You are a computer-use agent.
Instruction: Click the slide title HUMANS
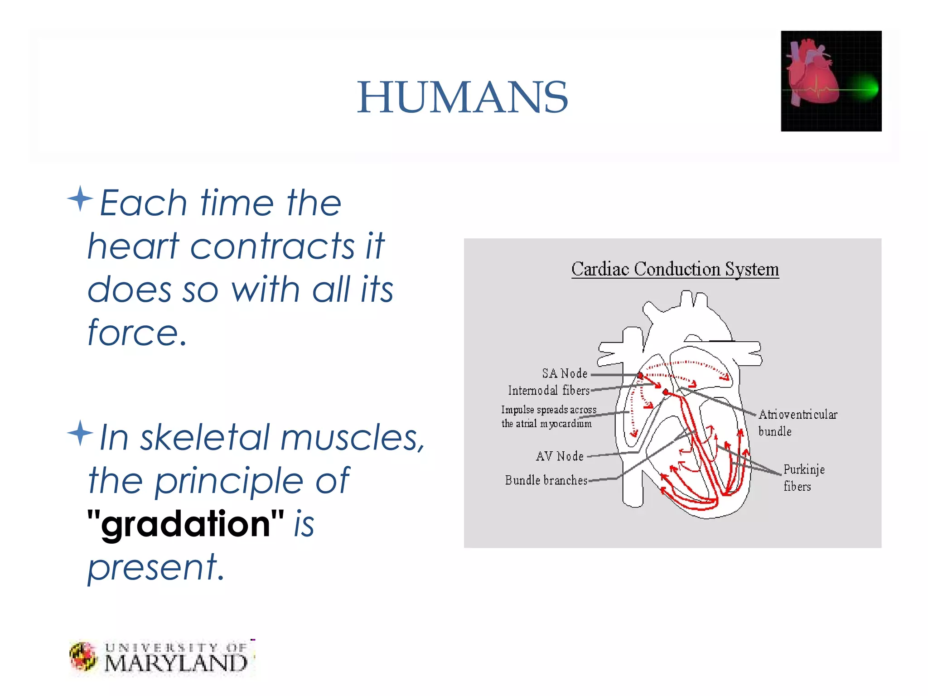pos(462,97)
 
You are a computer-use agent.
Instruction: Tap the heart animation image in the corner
pos(831,81)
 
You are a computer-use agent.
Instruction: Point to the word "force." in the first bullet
pos(137,333)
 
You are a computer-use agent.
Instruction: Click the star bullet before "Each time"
pos(80,198)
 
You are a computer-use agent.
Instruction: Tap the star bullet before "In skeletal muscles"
pos(80,433)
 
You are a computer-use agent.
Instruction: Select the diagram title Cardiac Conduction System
pos(675,269)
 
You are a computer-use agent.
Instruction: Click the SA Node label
pos(565,373)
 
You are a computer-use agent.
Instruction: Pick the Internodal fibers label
pos(549,390)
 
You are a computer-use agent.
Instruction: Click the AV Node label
pos(560,456)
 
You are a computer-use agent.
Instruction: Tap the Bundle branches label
pos(546,480)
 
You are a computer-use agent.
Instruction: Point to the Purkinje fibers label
pos(803,478)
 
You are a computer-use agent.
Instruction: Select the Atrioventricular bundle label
pos(797,422)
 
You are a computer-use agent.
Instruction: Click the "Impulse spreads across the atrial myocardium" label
pos(548,416)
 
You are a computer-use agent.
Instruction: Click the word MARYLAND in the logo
pos(176,663)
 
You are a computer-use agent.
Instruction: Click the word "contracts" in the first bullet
pos(272,246)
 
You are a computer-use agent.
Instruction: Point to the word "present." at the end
pos(156,567)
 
